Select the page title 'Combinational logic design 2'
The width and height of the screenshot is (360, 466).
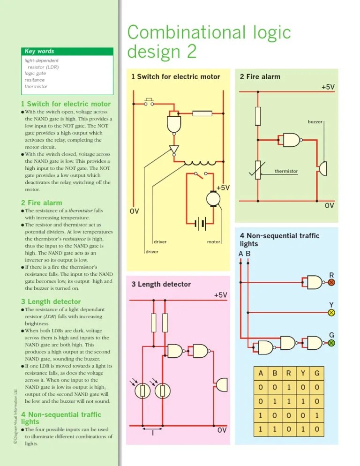click(x=209, y=42)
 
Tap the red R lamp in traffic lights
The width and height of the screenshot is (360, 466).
click(x=331, y=283)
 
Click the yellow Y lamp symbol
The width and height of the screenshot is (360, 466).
click(x=331, y=312)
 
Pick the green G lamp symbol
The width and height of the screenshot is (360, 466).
click(x=331, y=343)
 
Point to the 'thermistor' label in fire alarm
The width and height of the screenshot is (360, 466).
click(x=286, y=171)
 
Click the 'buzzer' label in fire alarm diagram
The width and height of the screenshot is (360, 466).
click(x=315, y=121)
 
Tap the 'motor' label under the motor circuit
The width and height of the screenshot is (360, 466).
click(x=214, y=242)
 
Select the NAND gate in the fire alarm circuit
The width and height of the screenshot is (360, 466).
click(x=290, y=139)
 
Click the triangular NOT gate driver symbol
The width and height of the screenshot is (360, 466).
click(x=174, y=150)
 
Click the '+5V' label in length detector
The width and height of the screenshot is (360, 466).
click(x=220, y=295)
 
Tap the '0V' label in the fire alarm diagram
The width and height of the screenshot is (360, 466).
click(x=329, y=206)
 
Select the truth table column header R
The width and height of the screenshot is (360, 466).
click(x=289, y=373)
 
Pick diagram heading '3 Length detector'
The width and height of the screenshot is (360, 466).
click(x=161, y=284)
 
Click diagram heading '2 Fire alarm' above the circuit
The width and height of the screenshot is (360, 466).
click(x=260, y=76)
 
